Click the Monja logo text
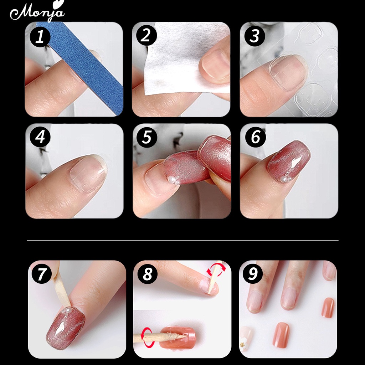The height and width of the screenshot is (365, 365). tap(37, 12)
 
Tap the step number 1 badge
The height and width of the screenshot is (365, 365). tap(40, 37)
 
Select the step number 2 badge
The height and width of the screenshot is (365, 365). tap(146, 36)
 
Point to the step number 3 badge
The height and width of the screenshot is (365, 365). tap(255, 36)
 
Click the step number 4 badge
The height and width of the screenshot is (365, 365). tap(40, 137)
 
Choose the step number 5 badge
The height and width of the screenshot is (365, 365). tap(147, 137)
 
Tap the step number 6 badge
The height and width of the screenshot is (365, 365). tap(255, 137)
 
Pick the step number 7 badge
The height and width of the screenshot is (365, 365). tap(42, 274)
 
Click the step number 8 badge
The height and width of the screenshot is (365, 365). tap(147, 274)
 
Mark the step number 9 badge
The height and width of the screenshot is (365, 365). tap(253, 274)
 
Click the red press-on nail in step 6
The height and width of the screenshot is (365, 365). tap(289, 161)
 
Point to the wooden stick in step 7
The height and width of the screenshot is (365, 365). tap(61, 289)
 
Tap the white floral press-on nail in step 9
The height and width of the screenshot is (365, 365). tap(246, 338)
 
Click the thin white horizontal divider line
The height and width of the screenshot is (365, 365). tap(182, 240)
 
